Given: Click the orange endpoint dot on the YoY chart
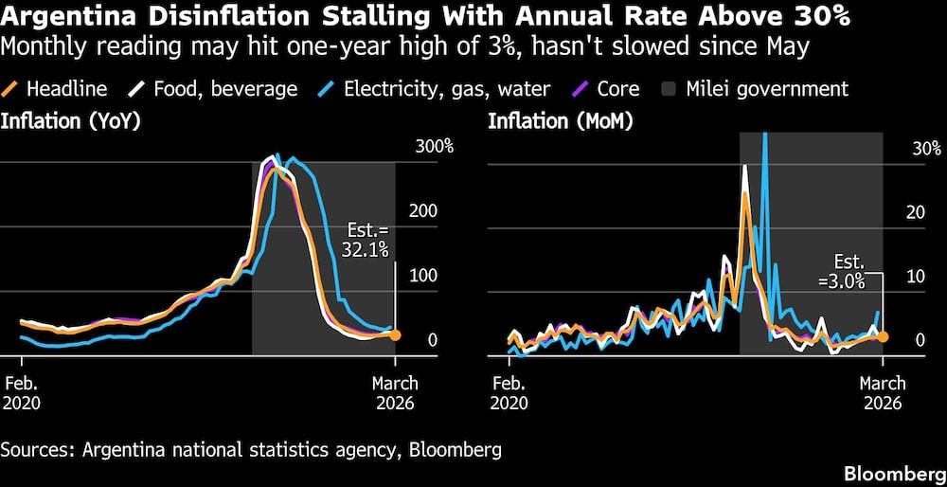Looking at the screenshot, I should coord(395,334).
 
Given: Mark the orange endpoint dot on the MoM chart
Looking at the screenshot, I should coord(883,336).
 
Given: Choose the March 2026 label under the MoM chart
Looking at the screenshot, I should coord(883,392).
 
